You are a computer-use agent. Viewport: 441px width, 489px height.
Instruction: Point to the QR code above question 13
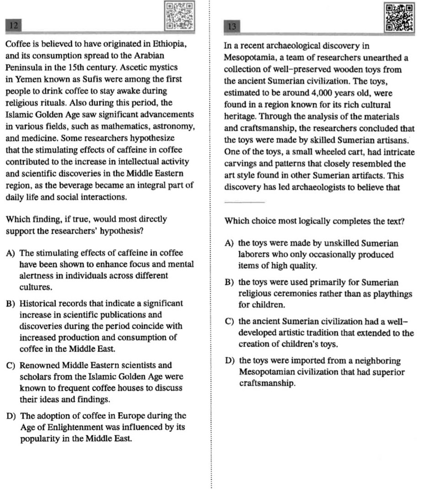coord(399,17)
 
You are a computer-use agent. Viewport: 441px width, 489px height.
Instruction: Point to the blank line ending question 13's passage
coord(244,202)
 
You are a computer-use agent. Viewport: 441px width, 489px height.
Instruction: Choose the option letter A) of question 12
coord(11,253)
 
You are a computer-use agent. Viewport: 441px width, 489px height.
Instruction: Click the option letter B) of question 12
coord(11,303)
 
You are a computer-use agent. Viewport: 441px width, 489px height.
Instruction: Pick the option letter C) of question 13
coord(230,322)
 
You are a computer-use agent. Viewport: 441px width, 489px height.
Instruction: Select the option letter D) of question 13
coord(231,361)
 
